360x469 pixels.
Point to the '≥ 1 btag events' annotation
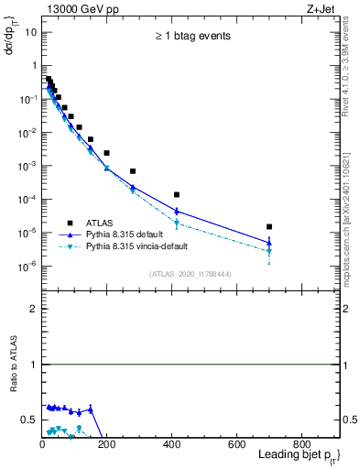191,37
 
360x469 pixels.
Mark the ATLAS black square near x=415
177,194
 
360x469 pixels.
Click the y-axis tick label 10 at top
30,32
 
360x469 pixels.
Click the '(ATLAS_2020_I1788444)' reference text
189,273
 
